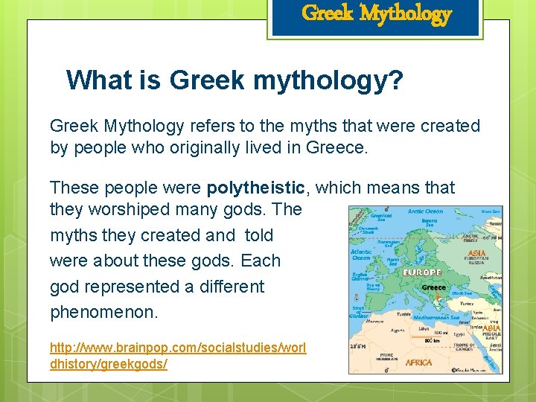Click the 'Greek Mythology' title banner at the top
[x=376, y=14]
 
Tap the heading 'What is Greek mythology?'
[x=234, y=80]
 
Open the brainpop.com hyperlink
[x=178, y=355]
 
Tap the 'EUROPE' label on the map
[x=422, y=272]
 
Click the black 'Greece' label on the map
[x=433, y=287]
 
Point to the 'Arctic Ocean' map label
[x=425, y=211]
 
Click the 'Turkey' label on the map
[x=467, y=304]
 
